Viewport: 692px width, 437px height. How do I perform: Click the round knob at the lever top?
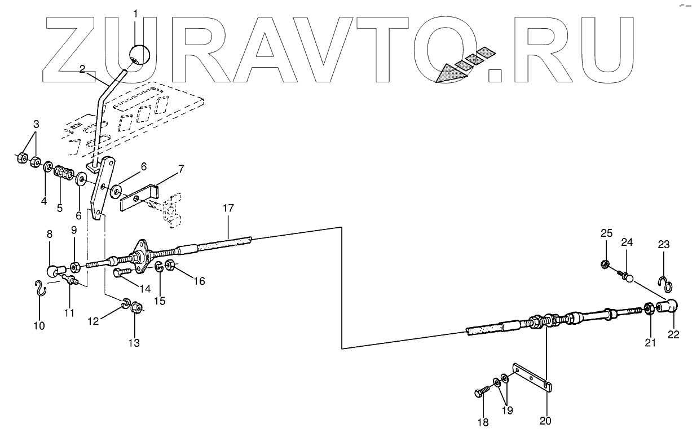coord(139,55)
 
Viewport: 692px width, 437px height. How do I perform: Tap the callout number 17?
coord(228,209)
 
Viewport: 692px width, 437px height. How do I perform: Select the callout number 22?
coord(673,334)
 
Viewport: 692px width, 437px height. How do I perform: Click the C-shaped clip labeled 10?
coord(39,288)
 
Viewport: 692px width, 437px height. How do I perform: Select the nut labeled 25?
coord(604,263)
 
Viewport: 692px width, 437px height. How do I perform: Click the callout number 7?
coord(180,169)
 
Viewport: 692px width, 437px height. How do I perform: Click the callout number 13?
coord(134,342)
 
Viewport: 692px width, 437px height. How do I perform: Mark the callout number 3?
coord(36,123)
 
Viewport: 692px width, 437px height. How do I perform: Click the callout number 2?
coord(83,69)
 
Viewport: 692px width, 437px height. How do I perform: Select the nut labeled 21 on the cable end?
coord(649,309)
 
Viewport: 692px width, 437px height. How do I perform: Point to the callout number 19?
coord(508,410)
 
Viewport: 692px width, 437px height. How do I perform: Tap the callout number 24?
coord(627,242)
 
